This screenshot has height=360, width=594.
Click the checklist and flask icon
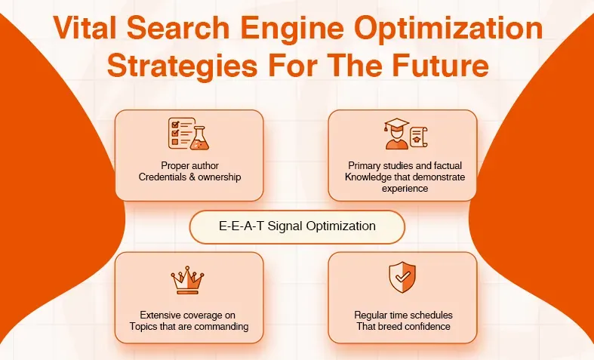click(189, 133)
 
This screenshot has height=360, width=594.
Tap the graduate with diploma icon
click(402, 133)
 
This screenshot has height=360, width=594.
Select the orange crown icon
click(189, 279)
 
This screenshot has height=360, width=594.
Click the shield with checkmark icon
click(402, 278)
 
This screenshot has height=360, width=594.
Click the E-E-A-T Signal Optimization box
click(297, 226)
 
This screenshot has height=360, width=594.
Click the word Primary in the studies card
click(365, 165)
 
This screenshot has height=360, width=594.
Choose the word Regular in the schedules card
click(371, 315)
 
